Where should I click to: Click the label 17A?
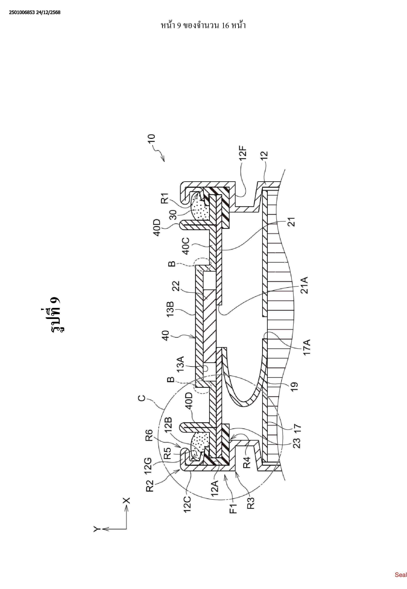tap(307, 347)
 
